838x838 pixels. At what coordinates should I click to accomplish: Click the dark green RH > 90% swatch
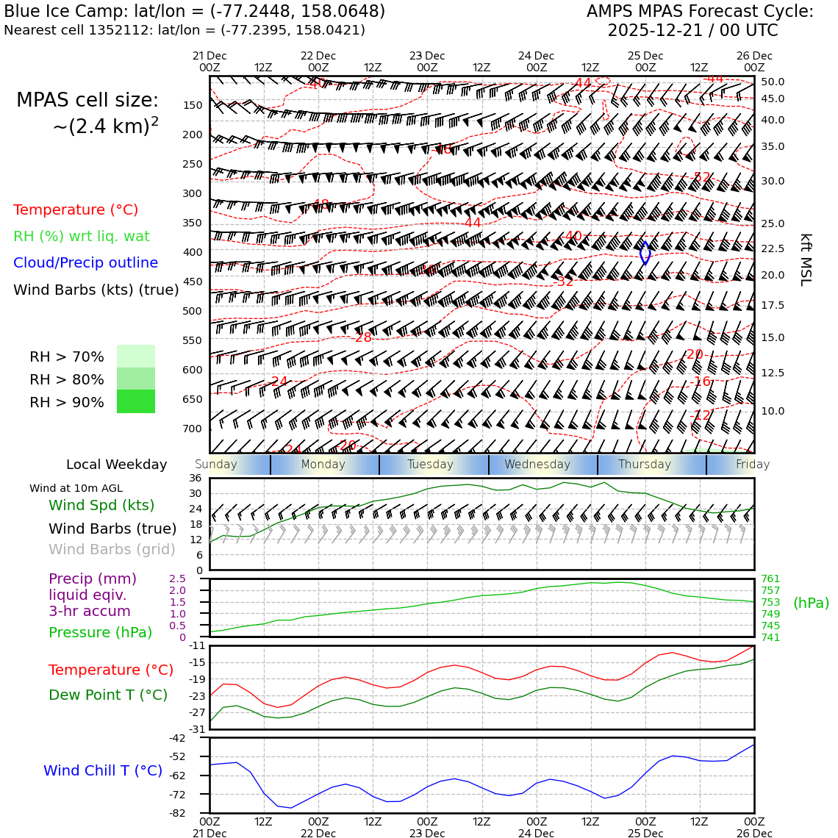tap(136, 401)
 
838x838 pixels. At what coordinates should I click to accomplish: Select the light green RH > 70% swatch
tap(136, 356)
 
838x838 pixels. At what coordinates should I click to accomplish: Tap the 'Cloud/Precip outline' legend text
tap(85, 263)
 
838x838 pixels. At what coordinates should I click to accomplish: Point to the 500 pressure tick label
tap(192, 311)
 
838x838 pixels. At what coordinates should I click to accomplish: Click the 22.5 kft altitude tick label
tap(773, 249)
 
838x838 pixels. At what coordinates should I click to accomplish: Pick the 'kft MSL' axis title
tap(806, 259)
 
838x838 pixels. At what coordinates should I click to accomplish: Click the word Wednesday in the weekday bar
tap(537, 465)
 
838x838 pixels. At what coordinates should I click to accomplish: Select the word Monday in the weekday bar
tap(323, 465)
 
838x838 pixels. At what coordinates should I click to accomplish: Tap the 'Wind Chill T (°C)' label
tap(103, 770)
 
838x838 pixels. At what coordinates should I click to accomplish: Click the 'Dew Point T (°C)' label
tap(108, 695)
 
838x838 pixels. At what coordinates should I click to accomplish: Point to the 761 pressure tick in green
tap(770, 579)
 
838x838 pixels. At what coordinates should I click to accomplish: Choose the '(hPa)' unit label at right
tap(811, 603)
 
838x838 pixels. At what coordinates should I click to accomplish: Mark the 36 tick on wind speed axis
tap(195, 478)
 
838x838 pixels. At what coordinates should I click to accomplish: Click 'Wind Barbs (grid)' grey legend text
tap(112, 549)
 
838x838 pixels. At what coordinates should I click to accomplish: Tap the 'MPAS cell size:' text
tap(87, 101)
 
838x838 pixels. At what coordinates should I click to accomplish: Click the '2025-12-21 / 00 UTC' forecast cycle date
tap(692, 31)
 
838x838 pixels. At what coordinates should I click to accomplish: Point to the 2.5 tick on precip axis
tap(177, 579)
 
